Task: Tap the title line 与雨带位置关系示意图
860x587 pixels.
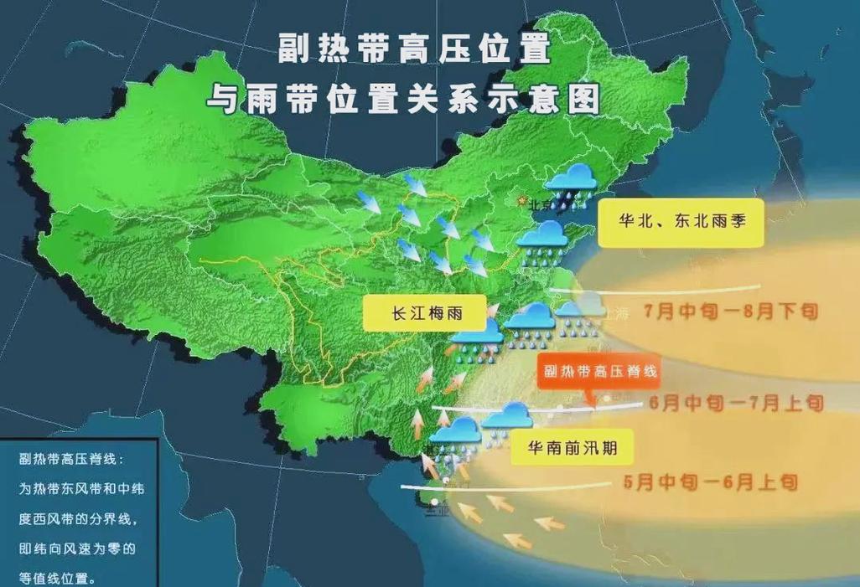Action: pos(404,99)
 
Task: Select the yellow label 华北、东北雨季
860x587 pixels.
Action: pos(681,223)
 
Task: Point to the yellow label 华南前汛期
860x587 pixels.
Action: pos(572,448)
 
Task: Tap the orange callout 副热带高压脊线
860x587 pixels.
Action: pos(597,369)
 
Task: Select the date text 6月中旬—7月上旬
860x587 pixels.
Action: pos(737,404)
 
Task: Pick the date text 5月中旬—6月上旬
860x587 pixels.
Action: pos(710,481)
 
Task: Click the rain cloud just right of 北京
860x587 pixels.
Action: pos(570,181)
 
